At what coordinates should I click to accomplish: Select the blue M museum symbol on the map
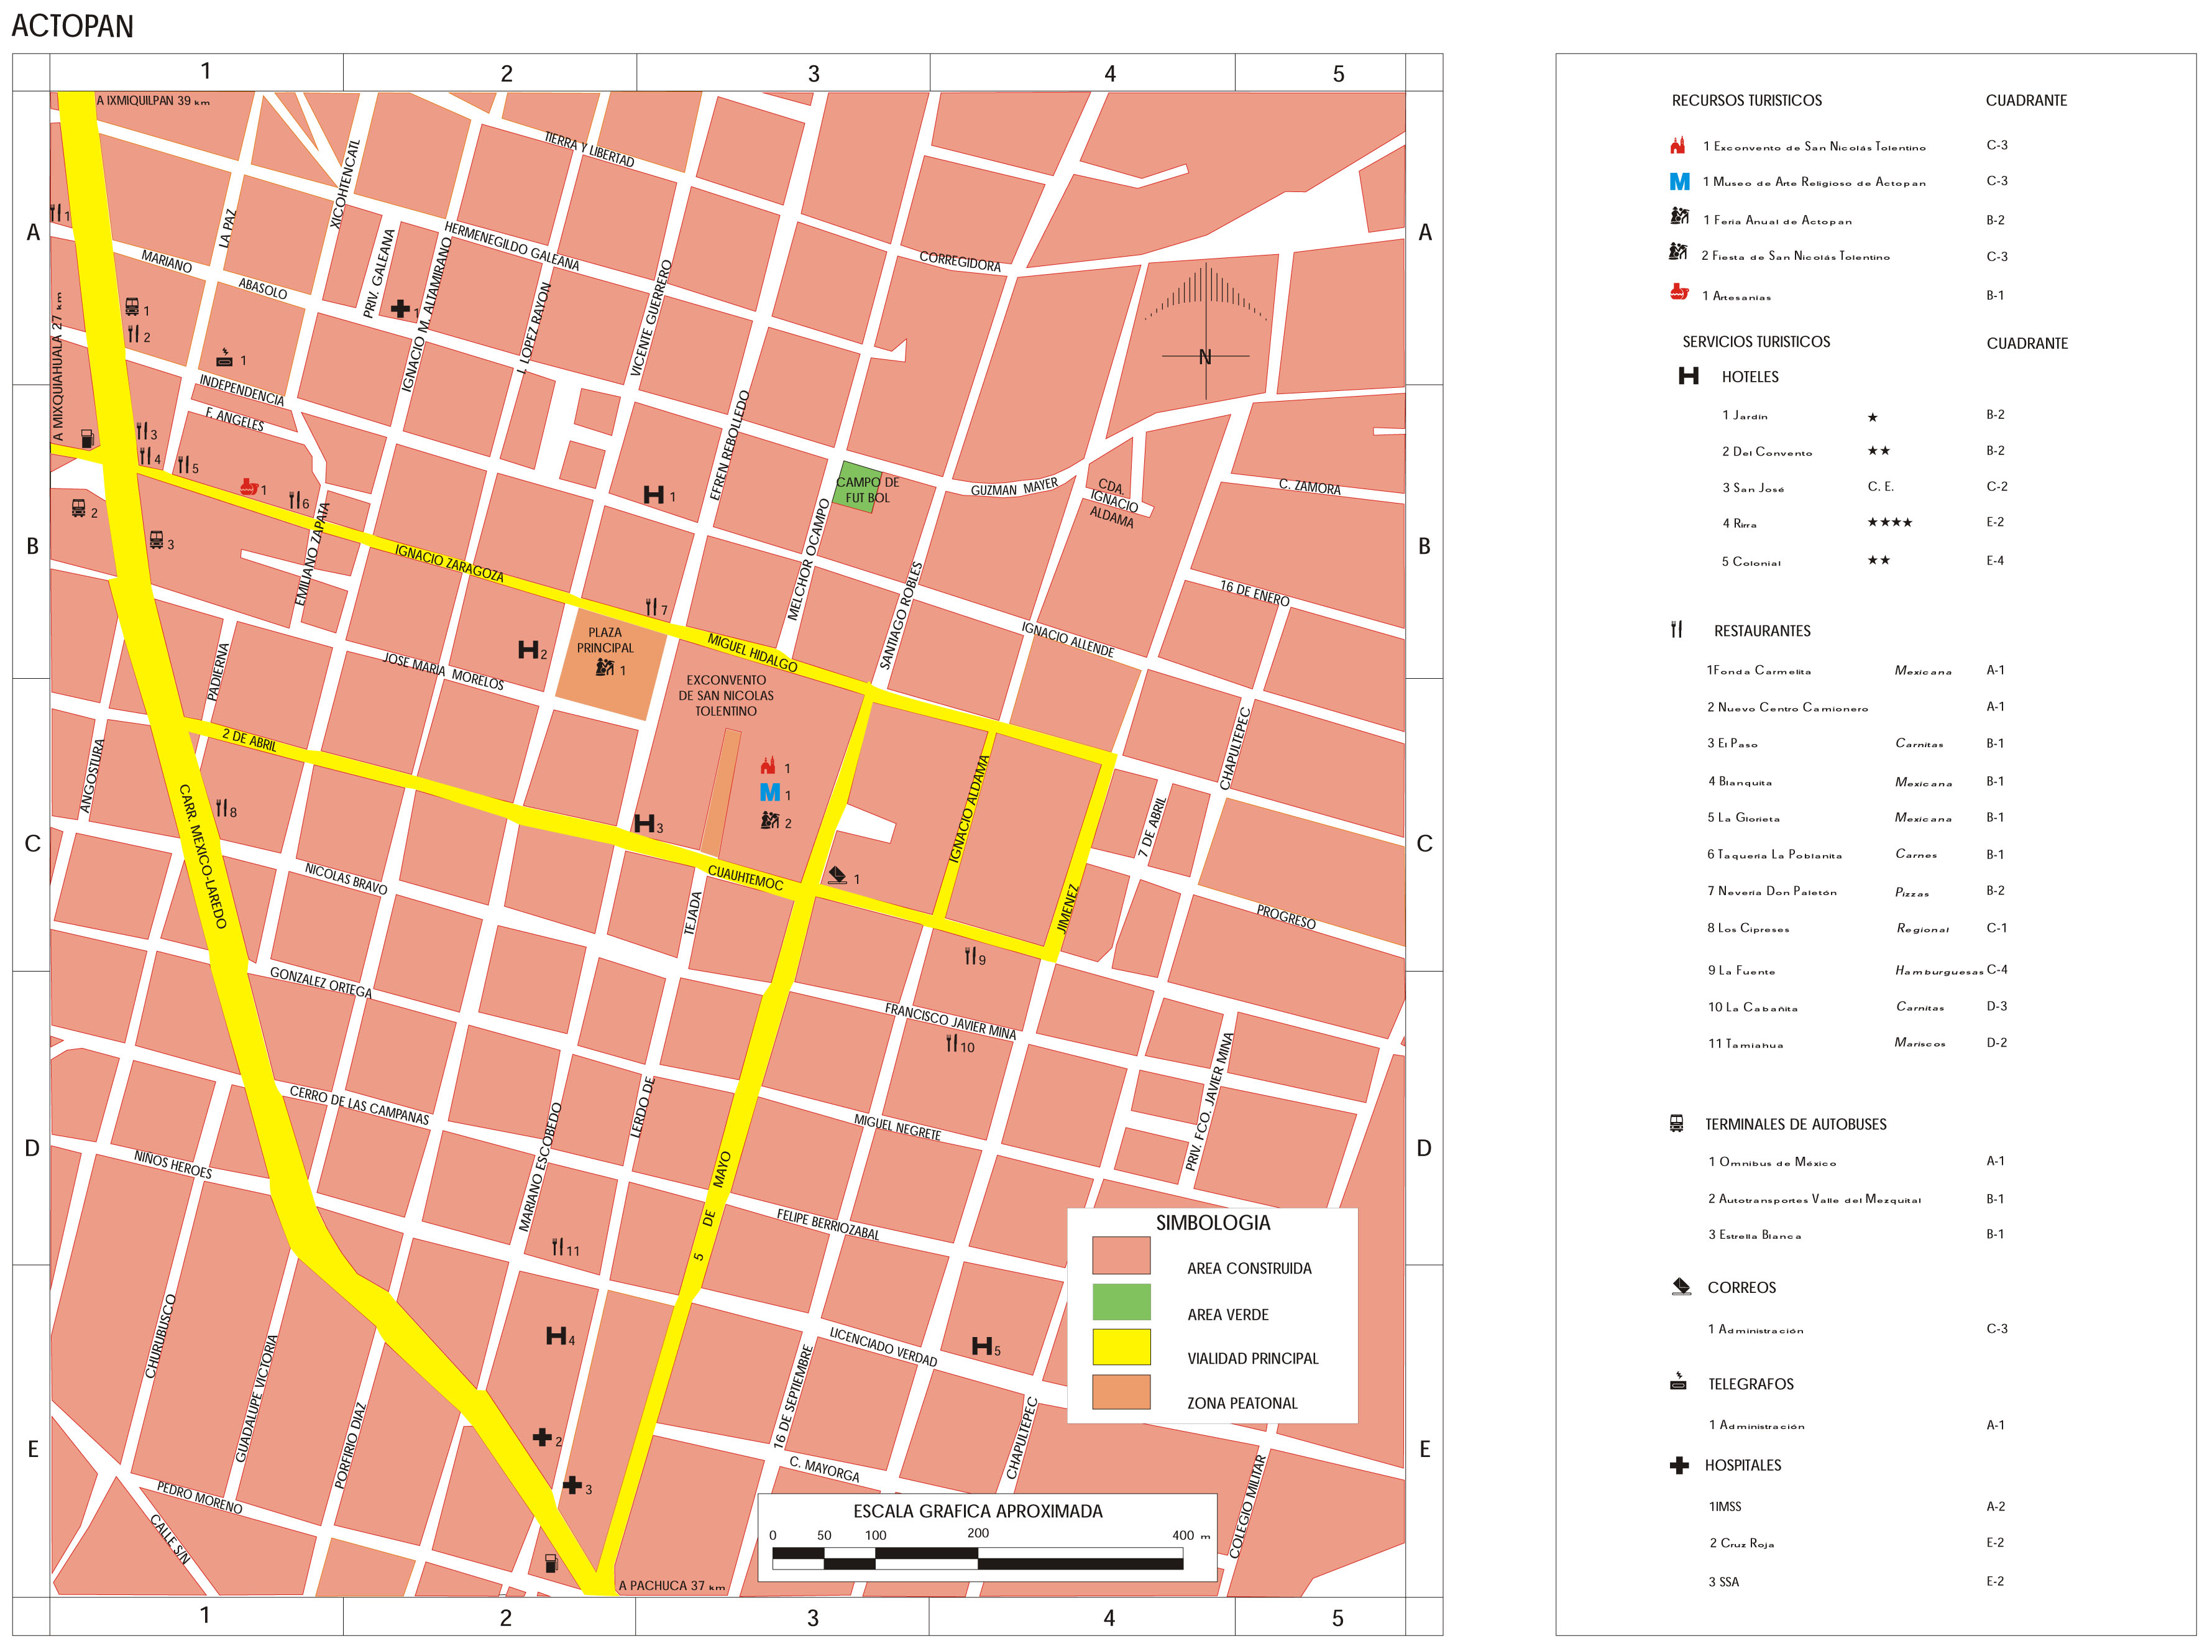[770, 793]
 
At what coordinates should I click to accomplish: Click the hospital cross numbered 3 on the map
[572, 1485]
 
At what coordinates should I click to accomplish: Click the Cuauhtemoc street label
[745, 878]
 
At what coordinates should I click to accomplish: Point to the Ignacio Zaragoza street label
[449, 563]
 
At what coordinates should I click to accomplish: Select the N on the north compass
[1205, 357]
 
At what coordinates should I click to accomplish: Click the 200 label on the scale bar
[978, 1533]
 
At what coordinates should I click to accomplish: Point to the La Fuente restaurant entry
[1741, 970]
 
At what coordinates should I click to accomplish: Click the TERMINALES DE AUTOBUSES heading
[1795, 1124]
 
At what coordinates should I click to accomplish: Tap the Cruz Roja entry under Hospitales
[1741, 1543]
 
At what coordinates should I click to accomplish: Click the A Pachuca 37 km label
[671, 1586]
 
